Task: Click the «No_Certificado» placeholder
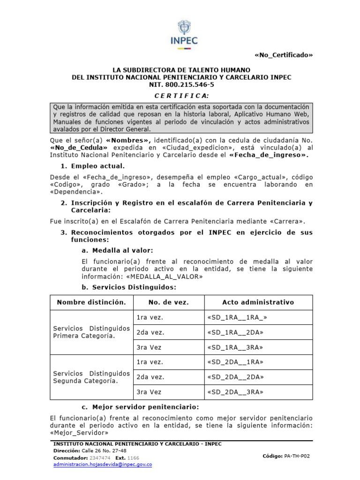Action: pyautogui.click(x=283, y=55)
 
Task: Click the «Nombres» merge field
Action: pyautogui.click(x=129, y=140)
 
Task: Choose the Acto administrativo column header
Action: pyautogui.click(x=251, y=302)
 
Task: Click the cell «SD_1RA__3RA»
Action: pyautogui.click(x=235, y=347)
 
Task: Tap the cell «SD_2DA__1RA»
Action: pyautogui.click(x=235, y=362)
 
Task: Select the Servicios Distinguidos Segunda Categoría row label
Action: pyautogui.click(x=91, y=377)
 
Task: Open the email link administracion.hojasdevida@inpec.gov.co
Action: pyautogui.click(x=103, y=464)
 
